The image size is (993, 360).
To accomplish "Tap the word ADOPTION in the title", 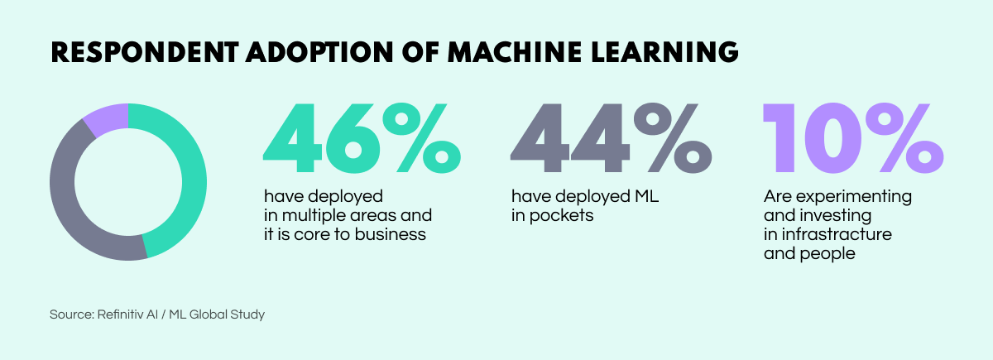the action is [301, 51].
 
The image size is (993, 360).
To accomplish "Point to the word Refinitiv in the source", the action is [124, 314].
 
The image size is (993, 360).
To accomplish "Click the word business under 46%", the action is [396, 234].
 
